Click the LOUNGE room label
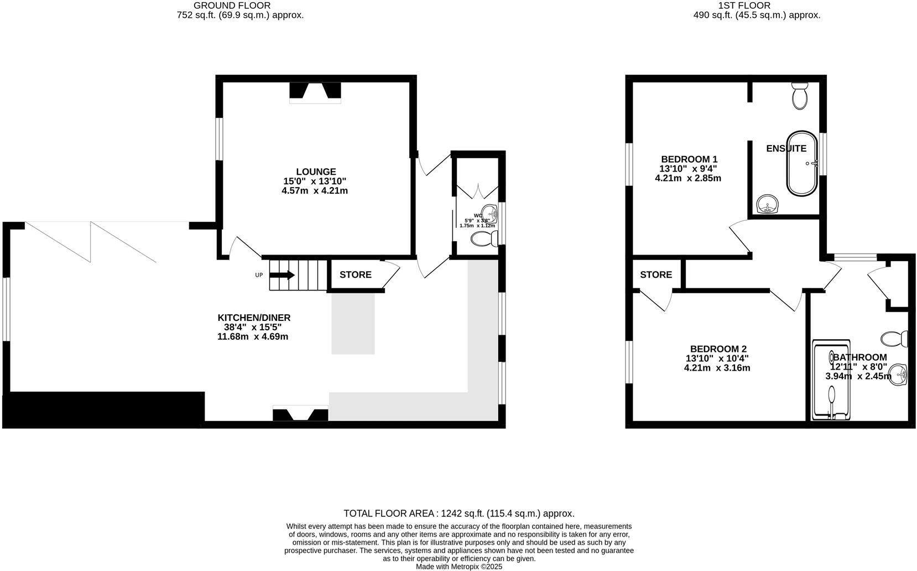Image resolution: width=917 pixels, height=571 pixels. pyautogui.click(x=315, y=172)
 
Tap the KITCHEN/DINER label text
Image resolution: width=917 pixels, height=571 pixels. pyautogui.click(x=254, y=318)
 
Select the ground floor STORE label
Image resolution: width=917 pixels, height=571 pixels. pyautogui.click(x=355, y=275)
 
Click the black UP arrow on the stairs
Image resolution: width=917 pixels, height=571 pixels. pyautogui.click(x=283, y=275)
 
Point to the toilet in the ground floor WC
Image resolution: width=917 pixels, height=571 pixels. pyautogui.click(x=482, y=239)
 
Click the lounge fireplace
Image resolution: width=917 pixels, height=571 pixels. pyautogui.click(x=315, y=92)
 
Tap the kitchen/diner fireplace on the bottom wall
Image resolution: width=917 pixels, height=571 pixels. pyautogui.click(x=300, y=414)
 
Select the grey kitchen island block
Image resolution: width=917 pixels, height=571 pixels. pyautogui.click(x=353, y=323)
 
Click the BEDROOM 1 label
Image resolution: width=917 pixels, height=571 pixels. pyautogui.click(x=689, y=159)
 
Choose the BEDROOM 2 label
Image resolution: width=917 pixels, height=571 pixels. pyautogui.click(x=718, y=349)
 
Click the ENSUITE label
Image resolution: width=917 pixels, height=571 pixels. pyautogui.click(x=786, y=148)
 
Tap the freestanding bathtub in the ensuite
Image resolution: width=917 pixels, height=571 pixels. pyautogui.click(x=801, y=163)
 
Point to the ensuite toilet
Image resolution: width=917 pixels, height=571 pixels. pyautogui.click(x=800, y=97)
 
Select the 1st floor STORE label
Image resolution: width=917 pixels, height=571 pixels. pyautogui.click(x=656, y=275)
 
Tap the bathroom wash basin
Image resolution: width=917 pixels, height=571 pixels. pyautogui.click(x=899, y=376)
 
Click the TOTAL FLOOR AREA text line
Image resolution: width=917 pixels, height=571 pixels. pyautogui.click(x=459, y=513)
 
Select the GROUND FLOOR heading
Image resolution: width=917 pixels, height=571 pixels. pyautogui.click(x=232, y=6)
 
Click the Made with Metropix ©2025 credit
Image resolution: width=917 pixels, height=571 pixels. pyautogui.click(x=459, y=567)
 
